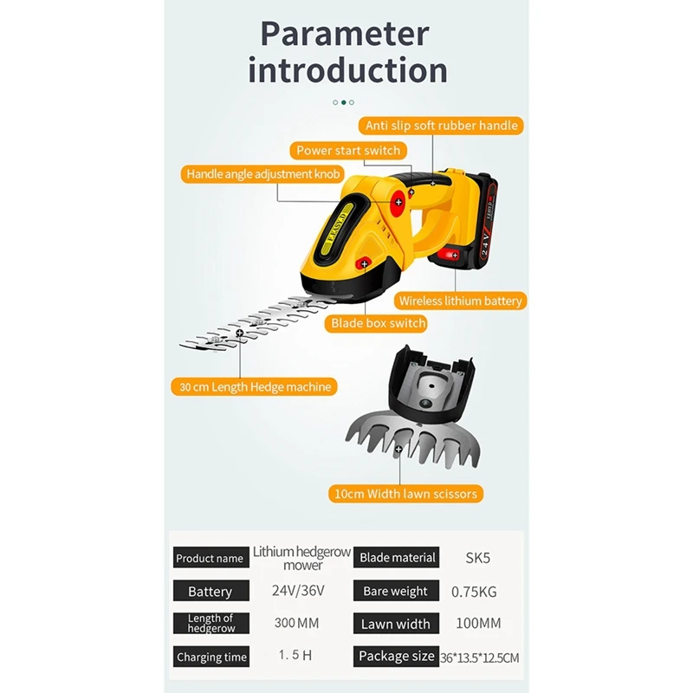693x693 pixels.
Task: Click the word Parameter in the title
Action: (345, 35)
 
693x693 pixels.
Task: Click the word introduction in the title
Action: (347, 70)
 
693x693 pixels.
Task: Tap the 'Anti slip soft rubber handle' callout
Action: (441, 126)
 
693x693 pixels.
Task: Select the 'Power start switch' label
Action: (348, 151)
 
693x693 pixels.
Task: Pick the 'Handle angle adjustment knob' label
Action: (261, 174)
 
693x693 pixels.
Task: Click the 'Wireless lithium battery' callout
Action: (461, 301)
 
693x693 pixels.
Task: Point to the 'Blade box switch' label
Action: (378, 323)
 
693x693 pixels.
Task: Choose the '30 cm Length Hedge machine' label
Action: (256, 387)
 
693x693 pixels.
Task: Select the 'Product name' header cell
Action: (210, 559)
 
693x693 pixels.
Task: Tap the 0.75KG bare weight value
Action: (475, 591)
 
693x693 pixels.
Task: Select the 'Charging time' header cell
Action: (211, 657)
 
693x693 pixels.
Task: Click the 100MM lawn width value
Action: (478, 624)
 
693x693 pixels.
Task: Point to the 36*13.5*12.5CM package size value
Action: (479, 657)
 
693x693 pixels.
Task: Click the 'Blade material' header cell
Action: (398, 558)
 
